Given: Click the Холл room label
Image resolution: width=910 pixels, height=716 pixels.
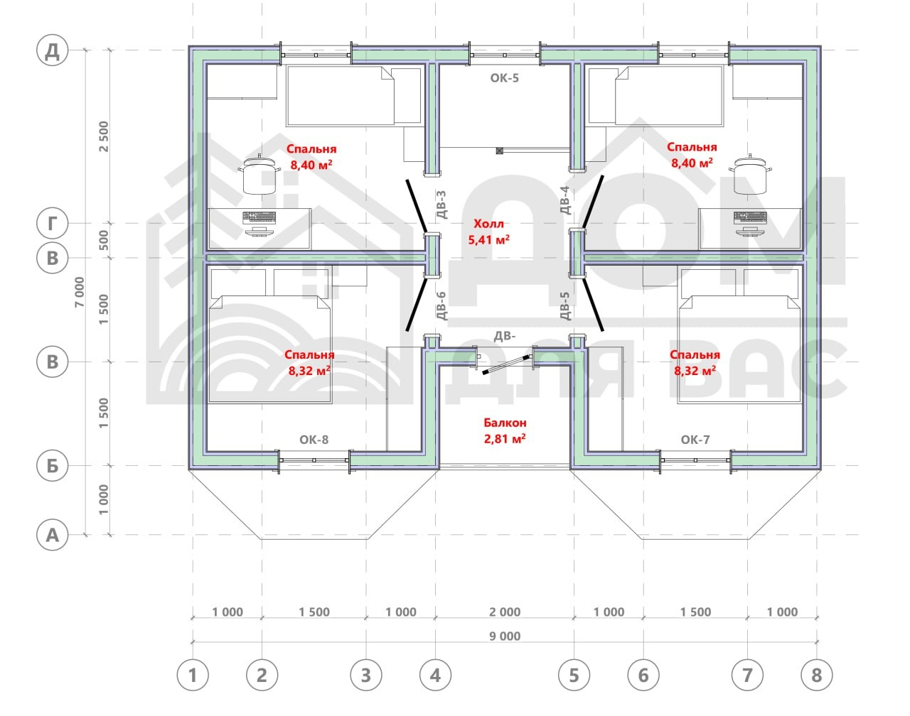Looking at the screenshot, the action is point(488,224).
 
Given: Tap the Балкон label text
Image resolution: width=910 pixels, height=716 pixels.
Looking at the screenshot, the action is point(505,423).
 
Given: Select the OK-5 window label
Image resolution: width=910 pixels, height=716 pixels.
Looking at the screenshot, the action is point(505,77).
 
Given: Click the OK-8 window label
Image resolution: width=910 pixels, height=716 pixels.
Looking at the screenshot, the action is point(314,440).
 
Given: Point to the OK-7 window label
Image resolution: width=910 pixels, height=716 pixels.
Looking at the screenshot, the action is point(695,440).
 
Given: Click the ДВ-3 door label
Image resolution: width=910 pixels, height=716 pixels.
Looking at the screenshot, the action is point(441,205).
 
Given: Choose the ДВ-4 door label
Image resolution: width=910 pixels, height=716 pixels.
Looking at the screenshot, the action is point(565,200).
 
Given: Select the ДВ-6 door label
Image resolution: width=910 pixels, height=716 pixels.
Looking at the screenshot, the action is point(441,305).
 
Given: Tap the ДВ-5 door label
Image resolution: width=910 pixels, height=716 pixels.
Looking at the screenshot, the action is point(565,305).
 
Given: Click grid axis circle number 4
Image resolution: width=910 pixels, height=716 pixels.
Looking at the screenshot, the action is point(436,676).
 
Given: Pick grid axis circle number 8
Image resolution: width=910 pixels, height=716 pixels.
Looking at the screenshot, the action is point(817,676).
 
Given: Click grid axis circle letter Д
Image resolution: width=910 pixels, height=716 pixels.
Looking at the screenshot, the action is point(53,50).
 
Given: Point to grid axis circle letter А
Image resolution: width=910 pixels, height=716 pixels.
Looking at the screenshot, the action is point(53,535).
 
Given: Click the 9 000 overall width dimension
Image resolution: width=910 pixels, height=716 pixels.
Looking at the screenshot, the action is point(505,636).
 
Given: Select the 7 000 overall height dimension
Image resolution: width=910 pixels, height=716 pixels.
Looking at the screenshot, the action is point(80,292).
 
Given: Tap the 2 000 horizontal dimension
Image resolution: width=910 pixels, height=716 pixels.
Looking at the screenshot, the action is point(505,612).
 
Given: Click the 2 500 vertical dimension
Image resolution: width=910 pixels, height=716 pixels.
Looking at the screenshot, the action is point(104,136).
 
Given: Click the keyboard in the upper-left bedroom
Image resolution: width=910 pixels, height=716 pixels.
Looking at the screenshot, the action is point(259,217).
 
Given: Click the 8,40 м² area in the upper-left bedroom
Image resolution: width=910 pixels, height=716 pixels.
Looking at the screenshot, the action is point(311,164).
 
